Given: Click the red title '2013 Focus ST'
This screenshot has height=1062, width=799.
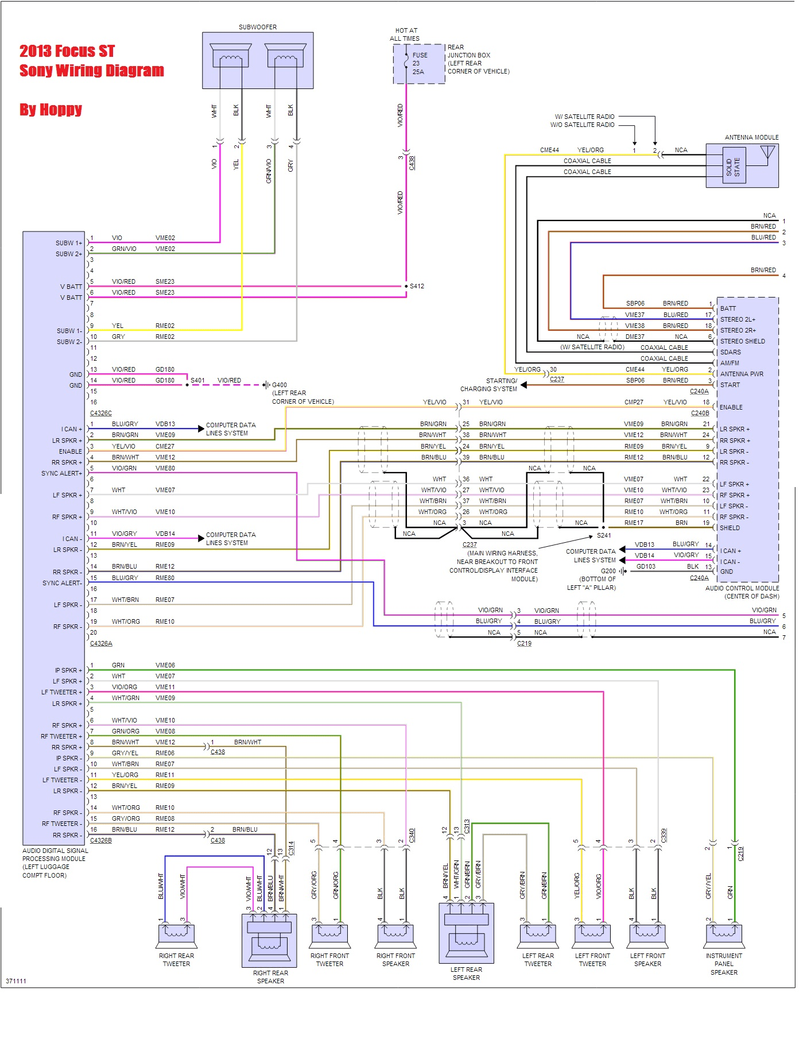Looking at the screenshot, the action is (67, 51).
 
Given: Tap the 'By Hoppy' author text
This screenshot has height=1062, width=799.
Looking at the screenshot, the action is (51, 109).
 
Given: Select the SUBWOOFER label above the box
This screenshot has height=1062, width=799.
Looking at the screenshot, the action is (258, 27).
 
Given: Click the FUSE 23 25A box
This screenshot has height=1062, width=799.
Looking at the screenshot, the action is (419, 64).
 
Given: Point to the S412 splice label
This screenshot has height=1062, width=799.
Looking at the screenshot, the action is (417, 286).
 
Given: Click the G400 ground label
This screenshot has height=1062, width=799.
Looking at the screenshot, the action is (280, 385).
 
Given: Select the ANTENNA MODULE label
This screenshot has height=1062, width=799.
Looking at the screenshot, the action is (751, 137).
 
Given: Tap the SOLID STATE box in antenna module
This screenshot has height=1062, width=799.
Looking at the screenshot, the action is (734, 167).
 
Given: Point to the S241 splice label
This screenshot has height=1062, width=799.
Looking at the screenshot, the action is (604, 535).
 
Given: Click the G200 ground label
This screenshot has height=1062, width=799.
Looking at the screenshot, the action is (608, 571).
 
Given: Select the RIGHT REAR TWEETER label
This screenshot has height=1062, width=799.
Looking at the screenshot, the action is (176, 960).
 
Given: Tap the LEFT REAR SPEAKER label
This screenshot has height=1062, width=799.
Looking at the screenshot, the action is (466, 974).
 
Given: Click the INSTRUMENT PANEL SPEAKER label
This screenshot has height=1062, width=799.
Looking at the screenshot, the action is (724, 964).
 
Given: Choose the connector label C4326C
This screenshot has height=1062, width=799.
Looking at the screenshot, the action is (101, 413).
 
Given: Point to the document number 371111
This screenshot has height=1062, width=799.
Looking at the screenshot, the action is (16, 981).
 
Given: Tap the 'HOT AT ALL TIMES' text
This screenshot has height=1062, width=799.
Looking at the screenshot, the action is (405, 34).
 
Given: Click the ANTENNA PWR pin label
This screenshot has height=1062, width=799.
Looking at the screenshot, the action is (742, 374).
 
